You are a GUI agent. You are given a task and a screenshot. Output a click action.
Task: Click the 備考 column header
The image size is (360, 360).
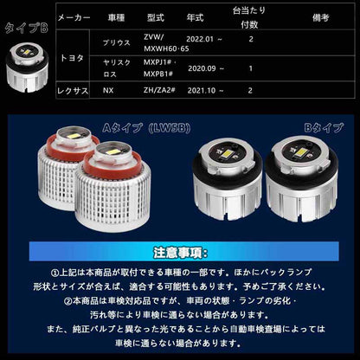point(322,16)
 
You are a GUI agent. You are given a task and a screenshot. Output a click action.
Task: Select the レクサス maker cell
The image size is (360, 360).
point(75,89)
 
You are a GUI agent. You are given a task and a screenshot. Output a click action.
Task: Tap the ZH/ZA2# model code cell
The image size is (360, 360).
point(158,89)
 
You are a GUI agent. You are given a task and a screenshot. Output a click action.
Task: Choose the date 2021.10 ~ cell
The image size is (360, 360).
point(207,89)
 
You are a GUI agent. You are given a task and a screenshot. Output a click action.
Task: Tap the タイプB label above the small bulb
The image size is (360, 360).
point(26,28)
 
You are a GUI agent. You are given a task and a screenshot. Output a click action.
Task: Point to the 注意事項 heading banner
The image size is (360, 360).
point(180,254)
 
